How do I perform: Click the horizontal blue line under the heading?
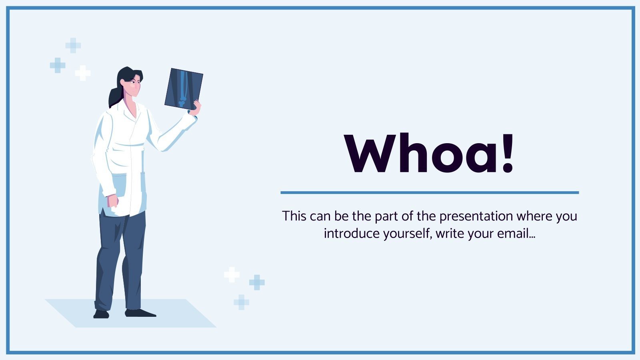(x=430, y=192)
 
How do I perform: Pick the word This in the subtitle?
(x=294, y=216)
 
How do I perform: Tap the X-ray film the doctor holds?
(x=183, y=88)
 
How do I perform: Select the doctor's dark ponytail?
(x=115, y=96)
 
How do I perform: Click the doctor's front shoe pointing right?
(x=140, y=313)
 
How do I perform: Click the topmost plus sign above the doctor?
(x=73, y=46)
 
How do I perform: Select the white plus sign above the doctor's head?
(x=83, y=73)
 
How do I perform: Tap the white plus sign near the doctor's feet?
(x=232, y=274)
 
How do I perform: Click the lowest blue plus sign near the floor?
(x=241, y=302)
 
